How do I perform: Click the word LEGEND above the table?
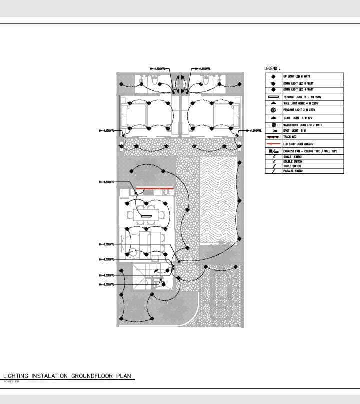coord(272,68)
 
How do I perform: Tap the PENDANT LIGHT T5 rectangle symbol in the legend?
coord(273,97)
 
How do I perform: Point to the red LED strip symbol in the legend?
coord(273,144)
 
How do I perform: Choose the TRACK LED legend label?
coord(290,137)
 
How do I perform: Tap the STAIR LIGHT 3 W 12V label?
coord(295,118)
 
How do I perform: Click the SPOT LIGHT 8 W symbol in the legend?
coord(274,131)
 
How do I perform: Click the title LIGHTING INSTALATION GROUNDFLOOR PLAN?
coord(68,375)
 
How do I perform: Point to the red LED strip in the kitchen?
coord(155,188)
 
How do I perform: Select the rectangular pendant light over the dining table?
coord(147,216)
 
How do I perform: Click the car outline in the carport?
coord(220,297)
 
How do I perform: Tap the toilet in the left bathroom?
coord(155,80)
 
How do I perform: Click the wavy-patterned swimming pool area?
coord(217,200)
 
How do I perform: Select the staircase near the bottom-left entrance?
coord(143,277)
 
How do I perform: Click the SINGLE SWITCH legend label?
coord(292,157)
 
